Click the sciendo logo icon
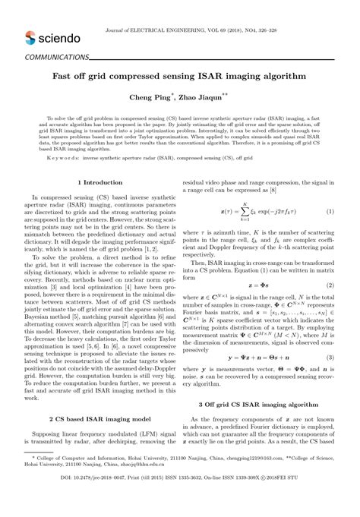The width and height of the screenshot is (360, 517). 31,37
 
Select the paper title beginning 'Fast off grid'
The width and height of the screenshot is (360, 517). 179,77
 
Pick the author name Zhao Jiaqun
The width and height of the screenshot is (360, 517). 200,97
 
